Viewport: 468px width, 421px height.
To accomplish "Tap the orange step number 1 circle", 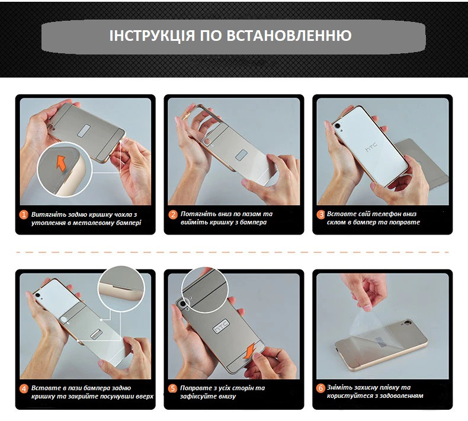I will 24,214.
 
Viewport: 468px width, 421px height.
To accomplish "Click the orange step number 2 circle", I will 173,214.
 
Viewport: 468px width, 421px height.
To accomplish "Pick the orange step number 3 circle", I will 321,214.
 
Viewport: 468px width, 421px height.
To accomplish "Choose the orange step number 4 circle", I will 24,389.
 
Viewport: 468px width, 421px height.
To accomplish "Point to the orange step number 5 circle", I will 173,389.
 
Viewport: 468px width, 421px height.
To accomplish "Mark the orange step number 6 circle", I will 321,389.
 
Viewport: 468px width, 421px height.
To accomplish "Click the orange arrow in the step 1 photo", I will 60,162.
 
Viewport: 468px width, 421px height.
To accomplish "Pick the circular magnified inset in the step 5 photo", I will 205,290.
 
